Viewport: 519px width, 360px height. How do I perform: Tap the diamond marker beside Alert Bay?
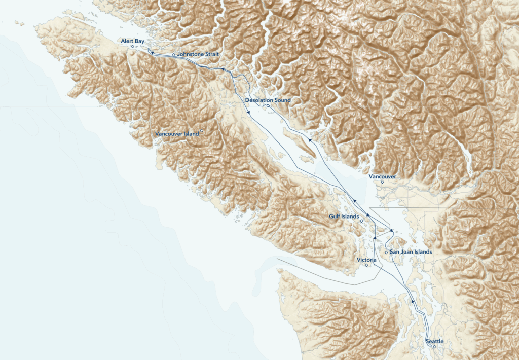(132, 47)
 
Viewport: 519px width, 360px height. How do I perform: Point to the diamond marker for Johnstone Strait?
(173, 54)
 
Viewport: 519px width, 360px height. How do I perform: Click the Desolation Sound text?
(268, 100)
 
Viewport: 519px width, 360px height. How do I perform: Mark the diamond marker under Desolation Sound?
(269, 105)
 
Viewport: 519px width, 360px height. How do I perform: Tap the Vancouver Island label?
(177, 134)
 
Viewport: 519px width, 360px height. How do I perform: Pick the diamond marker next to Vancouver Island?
(202, 131)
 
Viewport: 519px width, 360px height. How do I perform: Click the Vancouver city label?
(382, 176)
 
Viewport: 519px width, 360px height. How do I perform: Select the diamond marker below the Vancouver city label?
(383, 182)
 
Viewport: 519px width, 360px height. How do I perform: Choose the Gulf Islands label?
(344, 217)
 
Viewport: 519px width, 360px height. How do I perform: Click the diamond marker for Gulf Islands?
(361, 221)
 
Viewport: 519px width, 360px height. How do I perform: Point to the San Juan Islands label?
(411, 252)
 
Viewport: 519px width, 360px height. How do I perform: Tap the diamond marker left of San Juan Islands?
(386, 252)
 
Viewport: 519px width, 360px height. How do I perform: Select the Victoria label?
(366, 260)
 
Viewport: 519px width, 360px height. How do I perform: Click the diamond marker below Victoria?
(366, 265)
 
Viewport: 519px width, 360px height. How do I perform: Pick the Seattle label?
(435, 341)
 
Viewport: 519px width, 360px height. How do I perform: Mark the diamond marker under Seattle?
(434, 347)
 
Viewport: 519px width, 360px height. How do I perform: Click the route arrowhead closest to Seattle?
(413, 301)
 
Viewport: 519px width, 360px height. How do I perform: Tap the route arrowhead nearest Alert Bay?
(150, 52)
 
